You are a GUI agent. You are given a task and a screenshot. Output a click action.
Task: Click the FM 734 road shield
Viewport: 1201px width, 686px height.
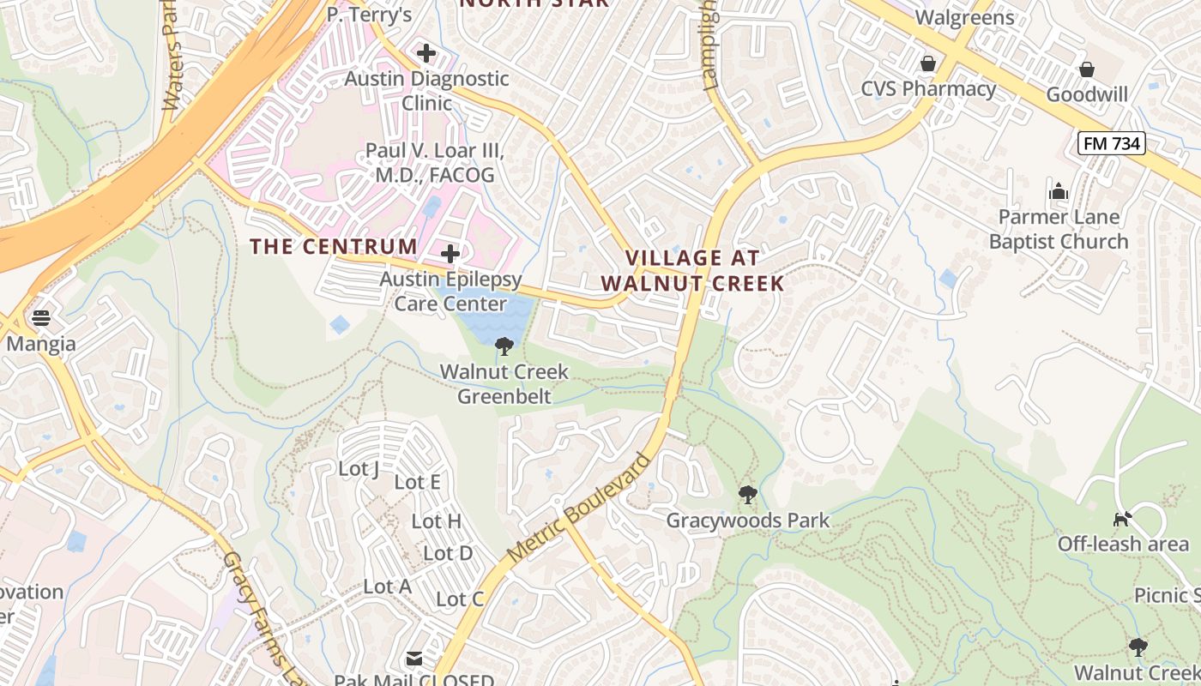1112,143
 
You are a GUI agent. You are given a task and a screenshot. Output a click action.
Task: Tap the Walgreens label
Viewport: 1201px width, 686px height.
964,17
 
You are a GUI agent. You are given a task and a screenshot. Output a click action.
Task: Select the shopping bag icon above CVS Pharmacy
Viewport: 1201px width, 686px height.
927,63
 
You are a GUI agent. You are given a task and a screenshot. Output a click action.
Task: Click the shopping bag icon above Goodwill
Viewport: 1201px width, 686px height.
1086,69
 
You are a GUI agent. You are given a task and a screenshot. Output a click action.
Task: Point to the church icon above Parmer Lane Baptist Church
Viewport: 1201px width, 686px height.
1058,190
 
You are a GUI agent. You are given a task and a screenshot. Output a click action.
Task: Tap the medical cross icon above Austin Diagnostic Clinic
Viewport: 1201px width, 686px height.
426,53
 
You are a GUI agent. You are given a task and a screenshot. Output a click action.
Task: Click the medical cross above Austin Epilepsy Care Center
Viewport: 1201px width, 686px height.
450,254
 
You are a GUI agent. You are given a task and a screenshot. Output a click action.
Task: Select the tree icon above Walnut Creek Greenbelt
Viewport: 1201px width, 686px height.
504,346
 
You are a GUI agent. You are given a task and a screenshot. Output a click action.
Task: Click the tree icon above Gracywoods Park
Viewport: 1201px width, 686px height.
748,495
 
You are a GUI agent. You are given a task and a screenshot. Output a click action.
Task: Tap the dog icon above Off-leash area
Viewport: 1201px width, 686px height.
1122,518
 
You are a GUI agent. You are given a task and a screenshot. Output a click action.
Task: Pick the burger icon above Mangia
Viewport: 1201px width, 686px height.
40,318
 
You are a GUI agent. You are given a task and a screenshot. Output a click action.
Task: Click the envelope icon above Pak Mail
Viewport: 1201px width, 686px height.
414,659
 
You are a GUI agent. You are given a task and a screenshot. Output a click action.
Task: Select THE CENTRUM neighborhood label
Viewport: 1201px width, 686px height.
334,247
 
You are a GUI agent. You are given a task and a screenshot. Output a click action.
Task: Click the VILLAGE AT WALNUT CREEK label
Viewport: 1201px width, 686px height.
692,270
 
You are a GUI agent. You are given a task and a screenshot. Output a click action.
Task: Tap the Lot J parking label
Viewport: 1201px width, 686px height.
359,468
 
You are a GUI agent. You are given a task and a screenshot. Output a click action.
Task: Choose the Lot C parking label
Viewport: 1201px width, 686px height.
460,599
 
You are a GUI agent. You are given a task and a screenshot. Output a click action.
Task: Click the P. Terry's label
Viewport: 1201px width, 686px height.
369,15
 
